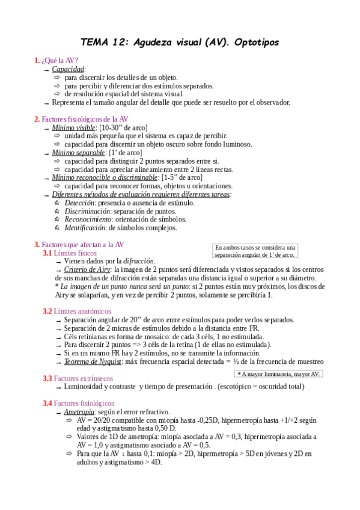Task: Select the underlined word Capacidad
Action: pos(68,69)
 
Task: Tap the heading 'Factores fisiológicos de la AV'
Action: pos(85,119)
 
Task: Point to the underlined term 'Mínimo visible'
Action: pos(73,127)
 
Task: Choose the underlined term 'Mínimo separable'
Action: pos(78,153)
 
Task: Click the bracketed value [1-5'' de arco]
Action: pos(182,178)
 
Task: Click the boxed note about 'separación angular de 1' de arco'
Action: pos(255,251)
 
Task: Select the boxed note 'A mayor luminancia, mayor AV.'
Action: pos(279,374)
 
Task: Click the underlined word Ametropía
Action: pos(78,411)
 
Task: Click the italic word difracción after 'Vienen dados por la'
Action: pos(139,262)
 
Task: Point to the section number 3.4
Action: pos(47,403)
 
